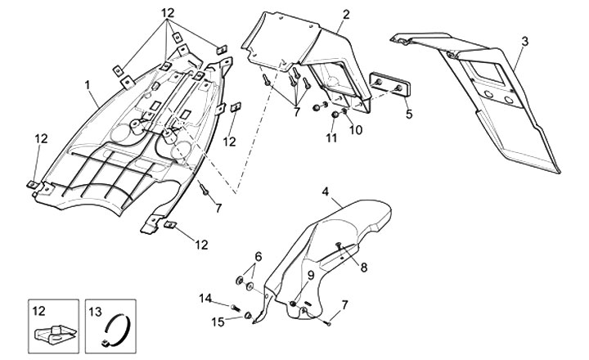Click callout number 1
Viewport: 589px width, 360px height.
(x=88, y=84)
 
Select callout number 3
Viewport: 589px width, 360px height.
(x=524, y=41)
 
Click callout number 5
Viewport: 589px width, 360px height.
(x=409, y=114)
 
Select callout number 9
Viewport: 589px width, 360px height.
(x=311, y=275)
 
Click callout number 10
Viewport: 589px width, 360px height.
(x=357, y=129)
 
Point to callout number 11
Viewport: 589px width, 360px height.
(x=332, y=139)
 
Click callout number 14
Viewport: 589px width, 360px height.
(x=205, y=298)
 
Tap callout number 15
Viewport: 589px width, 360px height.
(x=218, y=322)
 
